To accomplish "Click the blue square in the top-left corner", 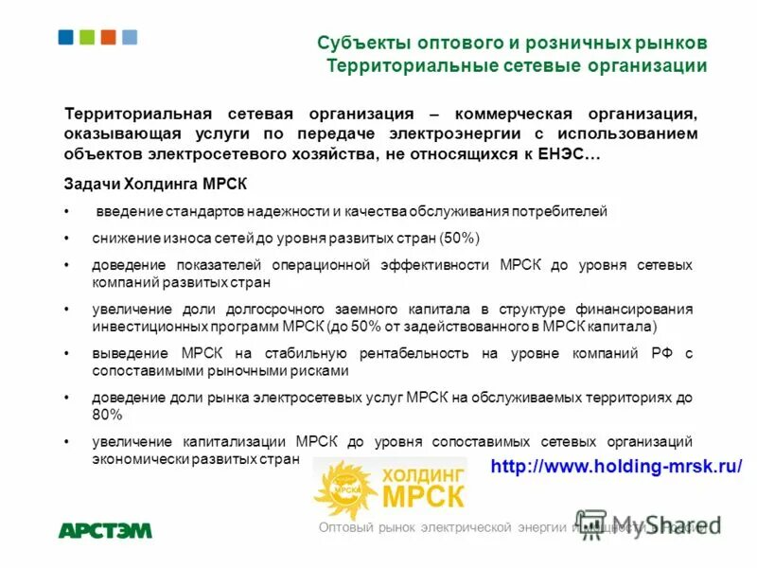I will click(66, 37).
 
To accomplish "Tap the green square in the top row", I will click(87, 37).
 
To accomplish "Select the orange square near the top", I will click(108, 37).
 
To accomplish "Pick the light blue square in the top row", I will click(130, 37).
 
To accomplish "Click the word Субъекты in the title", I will click(356, 44).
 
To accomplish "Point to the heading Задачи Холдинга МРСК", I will click(155, 184).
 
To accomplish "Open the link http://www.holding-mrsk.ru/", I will click(616, 466).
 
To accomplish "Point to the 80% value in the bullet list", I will click(107, 414).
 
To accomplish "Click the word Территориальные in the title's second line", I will click(398, 65).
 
